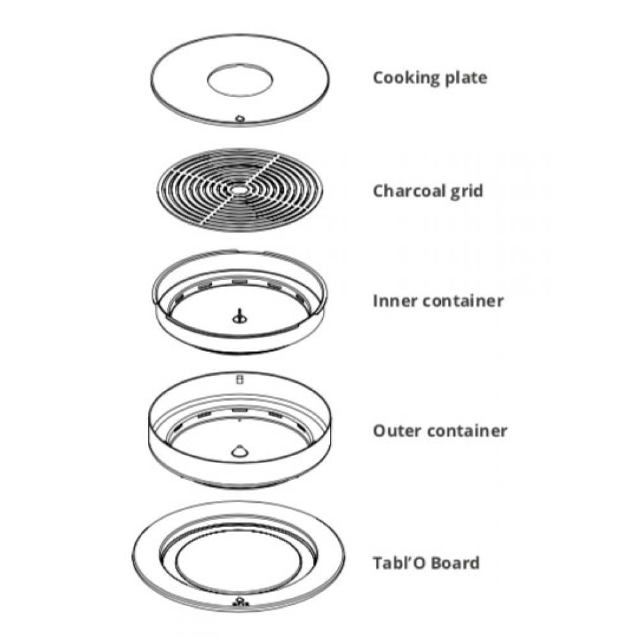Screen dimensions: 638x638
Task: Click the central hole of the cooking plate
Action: coord(240,80)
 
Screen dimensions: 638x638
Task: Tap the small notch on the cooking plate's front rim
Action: coord(240,119)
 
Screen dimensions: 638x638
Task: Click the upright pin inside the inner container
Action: coord(239,316)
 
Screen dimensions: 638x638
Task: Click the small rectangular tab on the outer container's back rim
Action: coord(239,379)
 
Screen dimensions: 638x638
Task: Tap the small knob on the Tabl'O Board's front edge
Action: coord(240,602)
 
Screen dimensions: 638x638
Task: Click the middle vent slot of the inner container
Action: coord(239,281)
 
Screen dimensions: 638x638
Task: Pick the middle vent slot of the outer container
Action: coord(239,409)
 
